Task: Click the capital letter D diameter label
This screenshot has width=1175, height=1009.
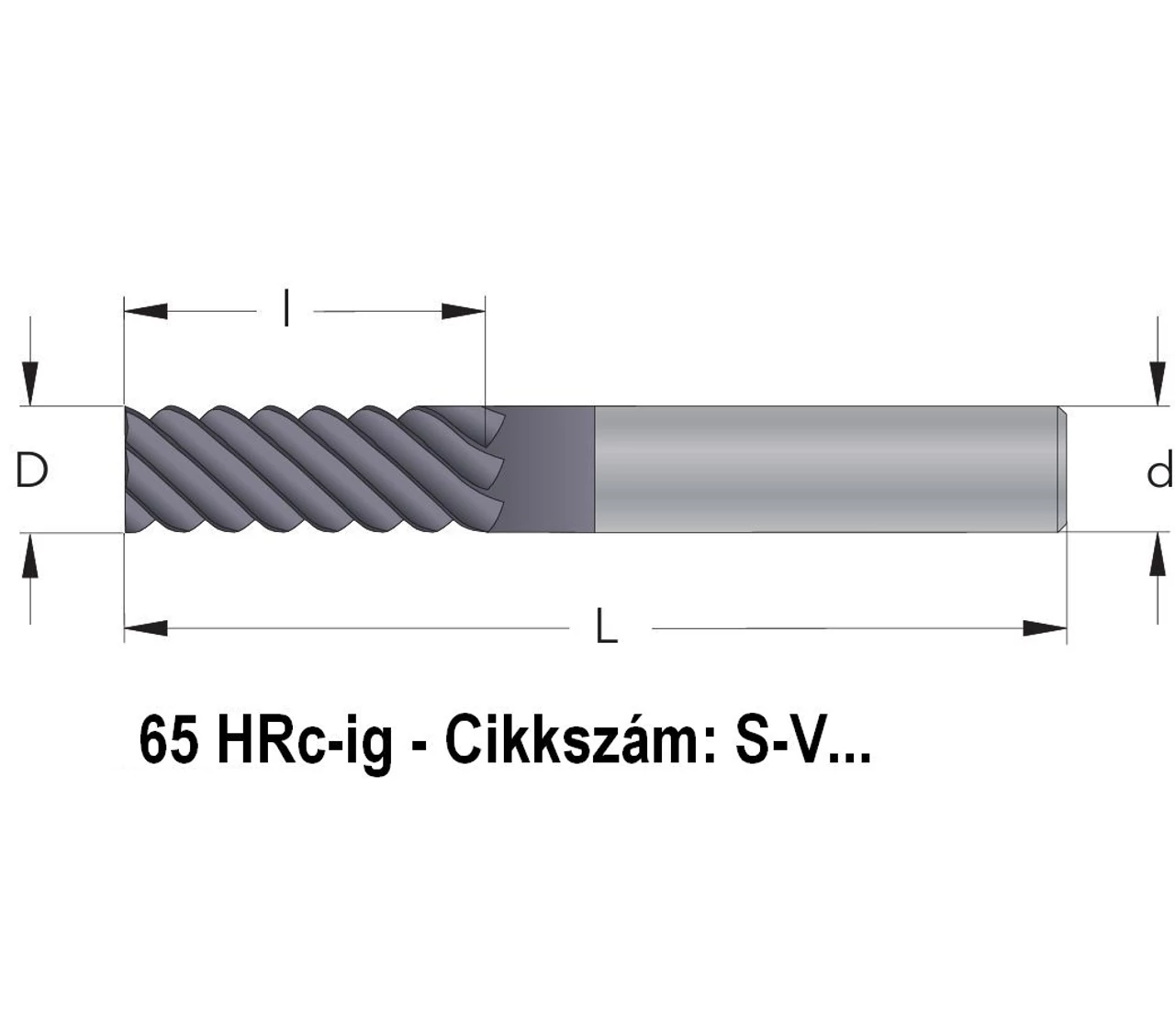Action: click(30, 470)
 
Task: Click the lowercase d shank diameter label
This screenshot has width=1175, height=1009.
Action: click(1159, 469)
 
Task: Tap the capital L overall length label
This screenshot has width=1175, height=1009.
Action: click(607, 626)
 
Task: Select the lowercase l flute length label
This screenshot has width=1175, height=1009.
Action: click(286, 307)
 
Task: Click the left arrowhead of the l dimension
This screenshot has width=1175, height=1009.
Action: click(146, 311)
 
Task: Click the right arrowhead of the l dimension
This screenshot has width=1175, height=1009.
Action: click(464, 311)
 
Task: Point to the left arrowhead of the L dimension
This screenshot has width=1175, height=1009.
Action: click(146, 628)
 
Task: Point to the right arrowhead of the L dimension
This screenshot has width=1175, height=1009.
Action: click(1045, 628)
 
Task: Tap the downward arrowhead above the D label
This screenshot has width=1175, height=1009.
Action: click(30, 384)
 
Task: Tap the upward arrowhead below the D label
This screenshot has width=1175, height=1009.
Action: click(30, 555)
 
